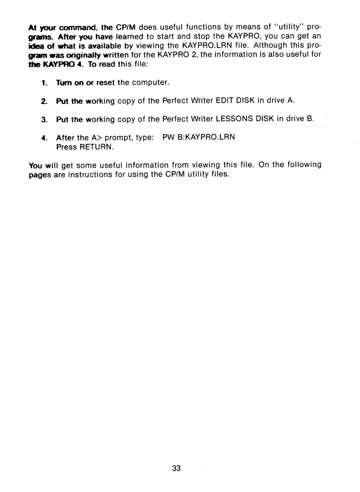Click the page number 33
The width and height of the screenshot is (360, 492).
coord(177,468)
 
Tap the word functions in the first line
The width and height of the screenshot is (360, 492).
coord(199,28)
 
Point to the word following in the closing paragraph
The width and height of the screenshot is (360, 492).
coord(301,165)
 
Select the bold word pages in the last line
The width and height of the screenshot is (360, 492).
coord(39,175)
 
